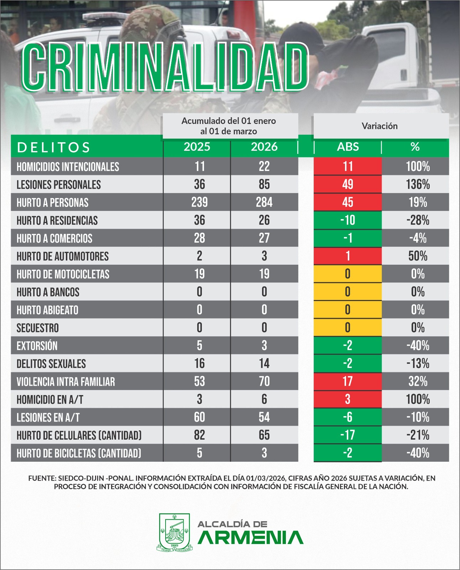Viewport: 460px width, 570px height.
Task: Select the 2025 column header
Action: point(197,147)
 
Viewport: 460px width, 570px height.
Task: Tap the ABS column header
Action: point(348,147)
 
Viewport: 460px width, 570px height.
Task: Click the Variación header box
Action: point(380,126)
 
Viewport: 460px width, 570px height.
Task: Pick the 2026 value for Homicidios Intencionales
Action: point(264,166)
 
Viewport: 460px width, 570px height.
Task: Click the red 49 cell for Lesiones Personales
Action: point(347,184)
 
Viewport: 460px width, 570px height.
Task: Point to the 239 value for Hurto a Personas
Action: point(199,202)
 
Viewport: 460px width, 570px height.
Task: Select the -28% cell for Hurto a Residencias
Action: point(418,220)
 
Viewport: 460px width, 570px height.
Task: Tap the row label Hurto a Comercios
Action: point(54,238)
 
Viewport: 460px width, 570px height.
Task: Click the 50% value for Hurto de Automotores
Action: point(418,256)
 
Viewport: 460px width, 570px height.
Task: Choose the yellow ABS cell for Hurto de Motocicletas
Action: point(347,274)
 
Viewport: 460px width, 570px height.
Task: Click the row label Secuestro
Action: point(38,328)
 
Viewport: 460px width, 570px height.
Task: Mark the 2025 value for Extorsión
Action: point(199,345)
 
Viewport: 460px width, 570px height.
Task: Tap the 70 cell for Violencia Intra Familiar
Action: point(264,381)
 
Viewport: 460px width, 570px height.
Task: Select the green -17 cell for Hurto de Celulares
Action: point(347,435)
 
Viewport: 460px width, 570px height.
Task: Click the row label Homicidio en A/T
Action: point(50,399)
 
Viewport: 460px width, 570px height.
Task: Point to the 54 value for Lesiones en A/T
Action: point(264,417)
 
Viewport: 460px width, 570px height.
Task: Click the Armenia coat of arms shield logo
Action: point(174,532)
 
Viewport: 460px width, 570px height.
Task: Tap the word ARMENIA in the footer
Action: point(250,538)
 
